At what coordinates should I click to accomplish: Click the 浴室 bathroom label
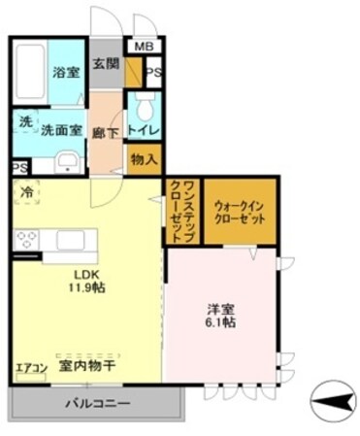(x=65, y=73)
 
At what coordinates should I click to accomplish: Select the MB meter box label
(x=143, y=47)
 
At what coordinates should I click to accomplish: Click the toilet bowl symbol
(x=144, y=104)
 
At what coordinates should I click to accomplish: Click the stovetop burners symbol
(x=27, y=241)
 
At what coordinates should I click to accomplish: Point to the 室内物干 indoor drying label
(x=87, y=366)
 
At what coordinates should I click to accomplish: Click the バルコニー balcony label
(x=97, y=400)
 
